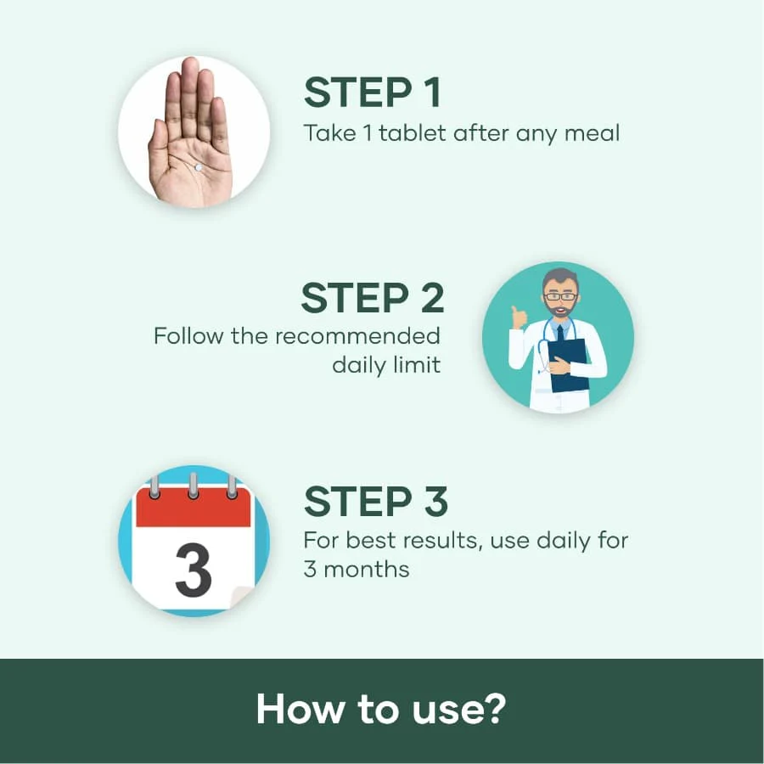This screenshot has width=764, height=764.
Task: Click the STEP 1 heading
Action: pyautogui.click(x=373, y=92)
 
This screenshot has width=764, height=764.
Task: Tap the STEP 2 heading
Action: pyautogui.click(x=373, y=298)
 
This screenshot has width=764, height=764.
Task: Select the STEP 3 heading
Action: pyautogui.click(x=375, y=501)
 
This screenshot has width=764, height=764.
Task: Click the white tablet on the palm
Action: pyautogui.click(x=199, y=167)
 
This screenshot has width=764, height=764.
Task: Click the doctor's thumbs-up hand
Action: pyautogui.click(x=520, y=317)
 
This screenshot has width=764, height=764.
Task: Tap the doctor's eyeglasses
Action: pyautogui.click(x=560, y=296)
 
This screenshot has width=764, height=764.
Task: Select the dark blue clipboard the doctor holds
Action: pyautogui.click(x=568, y=365)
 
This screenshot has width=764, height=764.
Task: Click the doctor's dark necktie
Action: pyautogui.click(x=561, y=334)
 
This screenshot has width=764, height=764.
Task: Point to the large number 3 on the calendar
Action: pyautogui.click(x=193, y=570)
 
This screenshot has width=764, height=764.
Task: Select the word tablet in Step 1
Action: pyautogui.click(x=412, y=133)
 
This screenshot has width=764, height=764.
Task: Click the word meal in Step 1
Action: pyautogui.click(x=592, y=133)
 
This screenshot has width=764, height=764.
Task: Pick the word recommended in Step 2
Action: pyautogui.click(x=357, y=336)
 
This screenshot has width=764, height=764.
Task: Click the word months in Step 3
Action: pyautogui.click(x=367, y=569)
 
